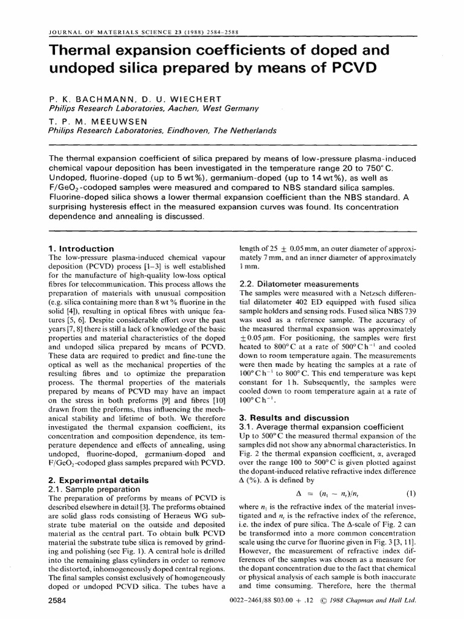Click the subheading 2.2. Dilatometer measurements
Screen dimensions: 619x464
(x=300, y=284)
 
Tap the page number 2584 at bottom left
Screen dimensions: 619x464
(x=59, y=601)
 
